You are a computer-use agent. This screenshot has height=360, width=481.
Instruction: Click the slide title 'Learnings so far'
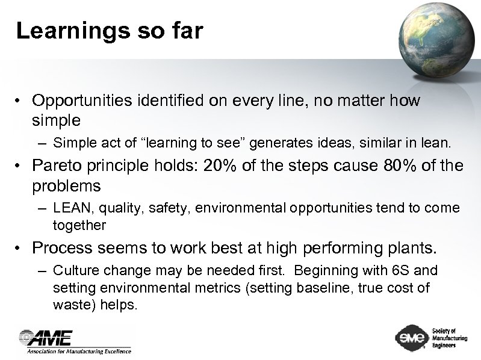point(109,31)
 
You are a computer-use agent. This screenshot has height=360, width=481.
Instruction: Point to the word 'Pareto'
point(60,166)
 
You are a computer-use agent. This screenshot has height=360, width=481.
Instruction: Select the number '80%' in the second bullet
point(400,166)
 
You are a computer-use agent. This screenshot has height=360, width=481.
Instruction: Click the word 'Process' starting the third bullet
point(62,247)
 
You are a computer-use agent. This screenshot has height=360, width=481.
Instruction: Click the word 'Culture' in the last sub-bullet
point(75,270)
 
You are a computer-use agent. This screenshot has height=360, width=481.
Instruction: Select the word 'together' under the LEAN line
point(79,225)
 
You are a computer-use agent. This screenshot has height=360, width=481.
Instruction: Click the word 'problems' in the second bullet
point(66,185)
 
